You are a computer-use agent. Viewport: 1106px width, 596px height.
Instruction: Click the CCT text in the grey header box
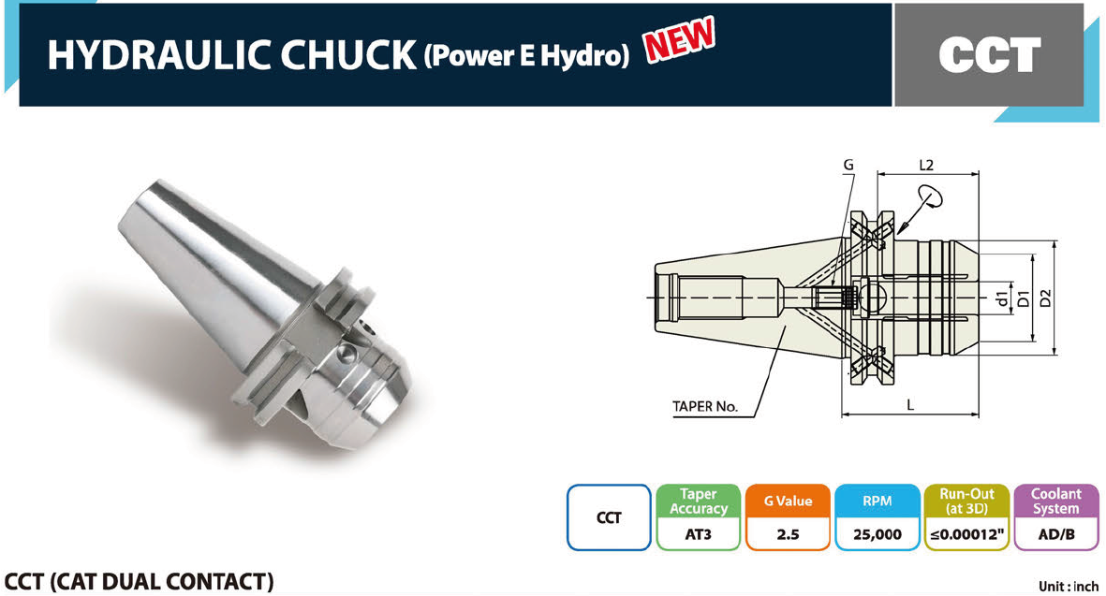point(990,54)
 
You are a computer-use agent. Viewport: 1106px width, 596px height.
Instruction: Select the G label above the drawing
point(848,165)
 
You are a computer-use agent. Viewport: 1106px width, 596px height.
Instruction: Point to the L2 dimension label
point(926,165)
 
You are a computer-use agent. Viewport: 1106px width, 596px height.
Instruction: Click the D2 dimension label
point(1045,298)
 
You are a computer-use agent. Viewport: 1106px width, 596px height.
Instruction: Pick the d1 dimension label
point(1002,298)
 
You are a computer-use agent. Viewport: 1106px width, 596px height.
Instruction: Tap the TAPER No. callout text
point(704,406)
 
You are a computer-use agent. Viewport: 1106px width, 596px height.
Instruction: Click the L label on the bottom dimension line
point(910,405)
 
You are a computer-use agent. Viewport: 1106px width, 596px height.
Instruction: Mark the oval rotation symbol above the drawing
point(930,196)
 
